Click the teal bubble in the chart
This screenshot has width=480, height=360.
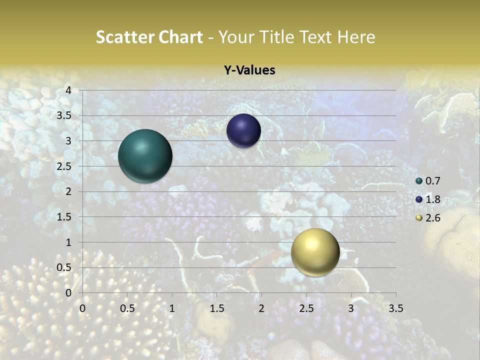145,156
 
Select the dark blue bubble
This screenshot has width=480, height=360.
243,131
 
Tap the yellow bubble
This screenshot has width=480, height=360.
315,252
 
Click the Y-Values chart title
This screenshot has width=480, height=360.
249,70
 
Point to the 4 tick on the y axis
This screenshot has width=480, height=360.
69,90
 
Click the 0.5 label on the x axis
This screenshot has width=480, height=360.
127,308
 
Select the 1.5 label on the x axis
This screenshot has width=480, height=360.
217,308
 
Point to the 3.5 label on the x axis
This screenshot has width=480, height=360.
395,308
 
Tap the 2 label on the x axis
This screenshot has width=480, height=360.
261,308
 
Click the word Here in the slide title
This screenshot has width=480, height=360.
356,37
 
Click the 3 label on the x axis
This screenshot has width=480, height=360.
351,308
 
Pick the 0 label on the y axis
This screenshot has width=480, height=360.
69,293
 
